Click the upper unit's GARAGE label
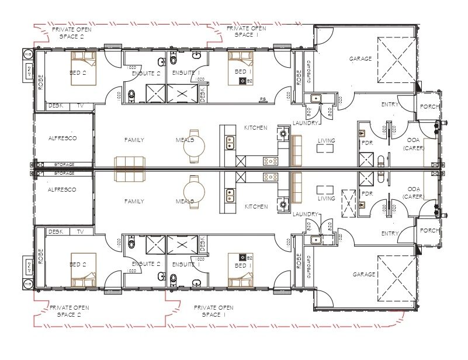[360, 59]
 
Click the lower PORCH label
[429, 231]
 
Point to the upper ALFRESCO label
[63, 139]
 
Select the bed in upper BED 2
[84, 68]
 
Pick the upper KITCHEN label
[256, 127]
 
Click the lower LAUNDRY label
[306, 214]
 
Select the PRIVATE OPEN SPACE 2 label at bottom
[69, 311]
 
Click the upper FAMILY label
[134, 140]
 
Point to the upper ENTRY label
[390, 105]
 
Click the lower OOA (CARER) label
[414, 193]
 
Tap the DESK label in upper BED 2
[56, 106]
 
